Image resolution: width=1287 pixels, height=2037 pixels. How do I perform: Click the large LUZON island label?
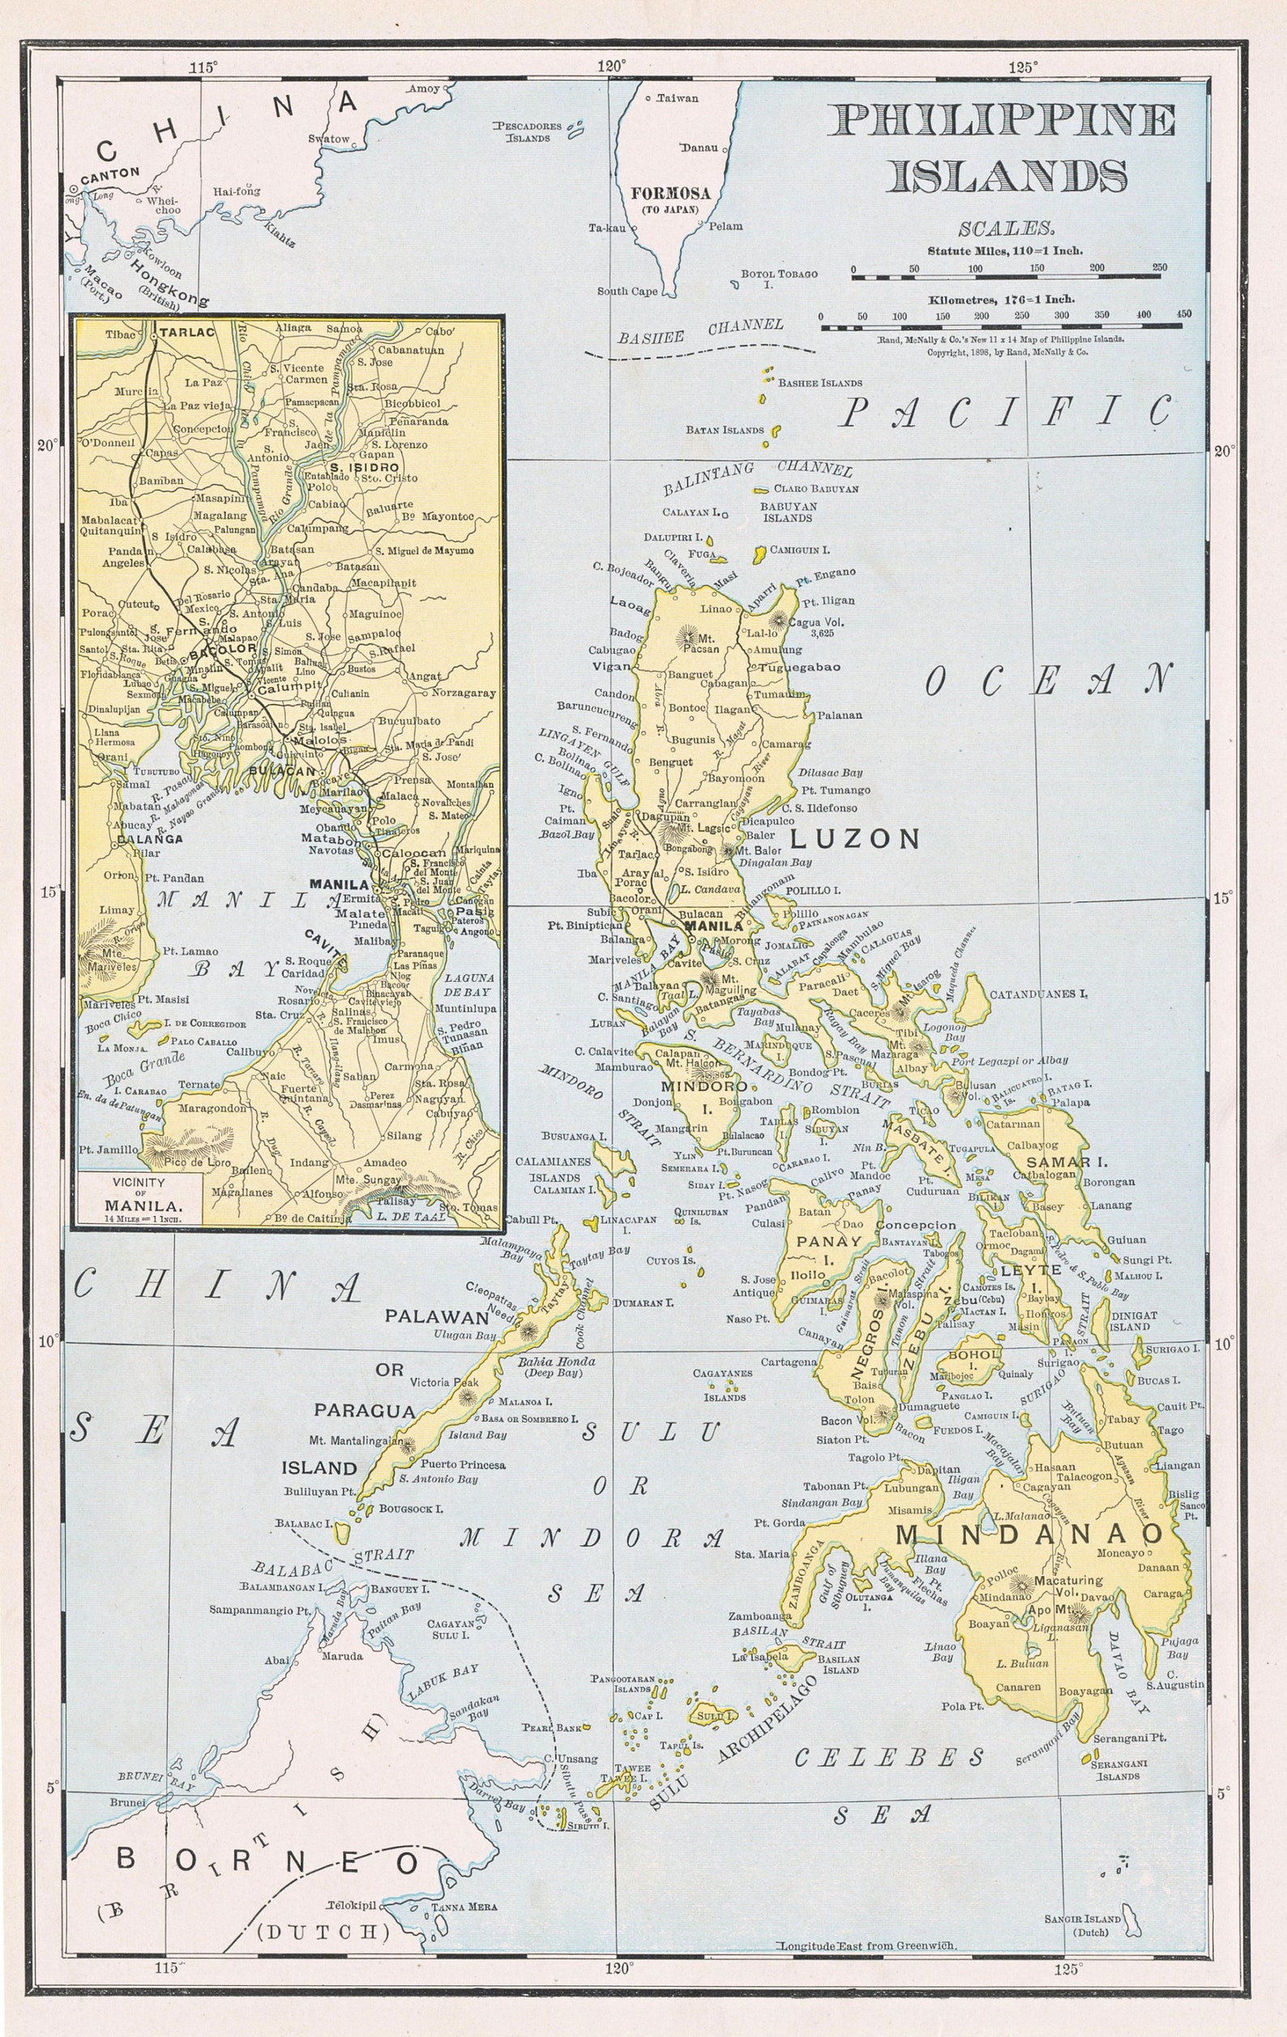(x=854, y=838)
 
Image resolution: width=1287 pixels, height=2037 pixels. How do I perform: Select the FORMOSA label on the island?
(x=670, y=193)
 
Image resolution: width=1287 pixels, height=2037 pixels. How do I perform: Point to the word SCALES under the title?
(x=1007, y=229)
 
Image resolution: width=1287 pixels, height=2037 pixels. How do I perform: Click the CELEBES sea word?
(x=891, y=1758)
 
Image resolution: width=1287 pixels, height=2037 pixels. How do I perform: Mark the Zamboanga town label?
(x=760, y=1615)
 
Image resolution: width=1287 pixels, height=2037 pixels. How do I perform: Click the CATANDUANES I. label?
(x=1038, y=994)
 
